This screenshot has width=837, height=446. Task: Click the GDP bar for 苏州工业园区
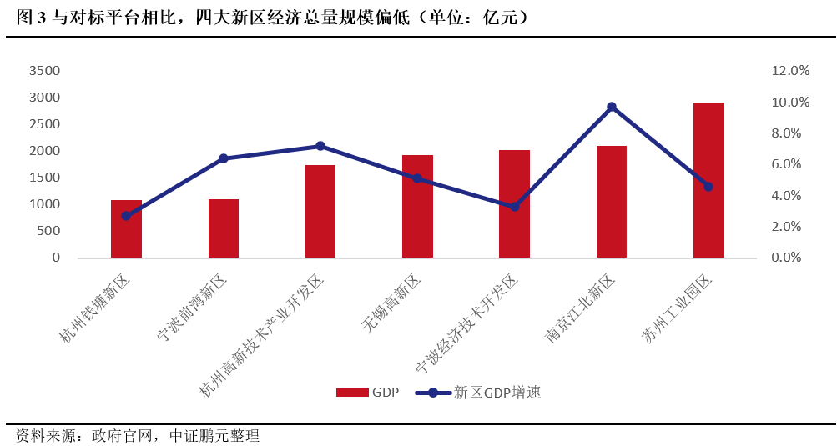pos(708,179)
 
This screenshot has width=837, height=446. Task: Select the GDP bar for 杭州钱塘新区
pos(126,228)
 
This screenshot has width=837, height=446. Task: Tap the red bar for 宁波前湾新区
pos(224,228)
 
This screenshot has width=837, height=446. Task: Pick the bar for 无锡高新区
pos(417,206)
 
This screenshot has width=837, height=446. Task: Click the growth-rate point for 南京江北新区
pos(612,107)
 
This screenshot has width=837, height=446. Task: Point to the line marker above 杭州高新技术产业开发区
pos(320,146)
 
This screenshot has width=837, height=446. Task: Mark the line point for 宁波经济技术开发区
pos(515,206)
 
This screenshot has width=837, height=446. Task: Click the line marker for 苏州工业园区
pos(708,187)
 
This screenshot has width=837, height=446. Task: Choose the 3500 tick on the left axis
pos(44,71)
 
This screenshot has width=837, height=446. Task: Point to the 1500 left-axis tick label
pos(44,178)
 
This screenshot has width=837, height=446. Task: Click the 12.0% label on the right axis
pos(790,71)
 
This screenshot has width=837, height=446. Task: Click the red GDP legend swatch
pos(352,392)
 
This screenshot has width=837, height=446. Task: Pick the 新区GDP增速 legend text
pos(497,392)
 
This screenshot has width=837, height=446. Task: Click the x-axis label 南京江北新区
pos(582,309)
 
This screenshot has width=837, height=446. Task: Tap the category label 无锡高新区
pos(392,305)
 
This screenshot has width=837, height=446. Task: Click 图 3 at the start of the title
pos(31,18)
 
